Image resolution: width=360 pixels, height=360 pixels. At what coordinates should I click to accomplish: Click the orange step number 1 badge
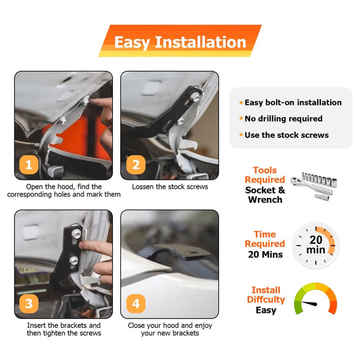click(29, 164)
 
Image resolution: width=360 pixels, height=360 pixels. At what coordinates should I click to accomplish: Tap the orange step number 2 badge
click(136, 164)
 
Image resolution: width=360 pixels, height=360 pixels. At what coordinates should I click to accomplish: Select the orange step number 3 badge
click(29, 304)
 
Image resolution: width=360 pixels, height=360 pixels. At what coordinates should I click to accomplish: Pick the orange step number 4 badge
click(136, 304)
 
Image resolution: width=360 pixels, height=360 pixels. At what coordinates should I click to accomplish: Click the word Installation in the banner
click(200, 42)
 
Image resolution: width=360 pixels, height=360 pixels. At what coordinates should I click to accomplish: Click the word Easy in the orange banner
click(132, 43)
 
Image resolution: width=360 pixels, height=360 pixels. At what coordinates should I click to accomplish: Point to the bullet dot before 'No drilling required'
click(241, 119)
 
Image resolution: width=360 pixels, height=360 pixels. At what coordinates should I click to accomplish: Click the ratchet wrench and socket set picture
click(313, 186)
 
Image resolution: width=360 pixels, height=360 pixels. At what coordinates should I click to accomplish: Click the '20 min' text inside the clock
click(316, 245)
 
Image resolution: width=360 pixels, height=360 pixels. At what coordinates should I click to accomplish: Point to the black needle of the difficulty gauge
click(309, 304)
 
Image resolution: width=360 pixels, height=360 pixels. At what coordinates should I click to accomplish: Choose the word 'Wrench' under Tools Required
click(265, 200)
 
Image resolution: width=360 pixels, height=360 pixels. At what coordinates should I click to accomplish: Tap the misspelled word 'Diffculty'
click(266, 300)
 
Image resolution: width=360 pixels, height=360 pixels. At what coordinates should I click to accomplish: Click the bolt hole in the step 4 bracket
click(194, 253)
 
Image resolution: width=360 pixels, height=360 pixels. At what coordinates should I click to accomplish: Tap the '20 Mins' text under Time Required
click(266, 254)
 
